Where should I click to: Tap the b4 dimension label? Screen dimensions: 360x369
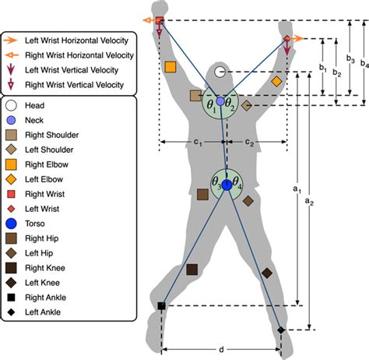coord(365,64)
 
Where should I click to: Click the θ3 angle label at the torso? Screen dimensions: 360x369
coord(217,180)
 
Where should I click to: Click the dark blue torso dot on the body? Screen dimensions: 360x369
coord(227,185)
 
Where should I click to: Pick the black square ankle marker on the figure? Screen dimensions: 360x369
coord(162,306)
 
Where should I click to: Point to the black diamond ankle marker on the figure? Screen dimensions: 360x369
coord(281,331)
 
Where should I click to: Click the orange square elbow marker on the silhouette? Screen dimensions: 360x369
coord(170,67)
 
